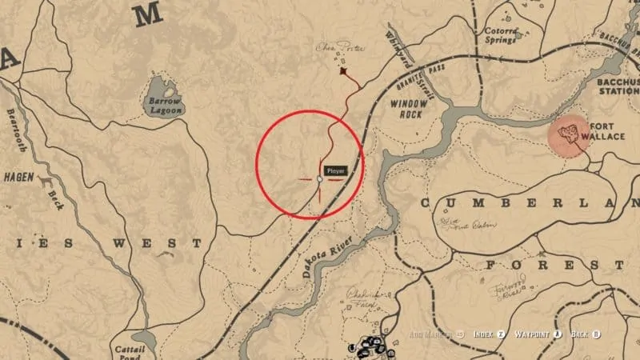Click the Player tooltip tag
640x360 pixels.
coord(335,170)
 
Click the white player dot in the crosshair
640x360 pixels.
coord(319,179)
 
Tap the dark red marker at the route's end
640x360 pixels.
coord(344,72)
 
